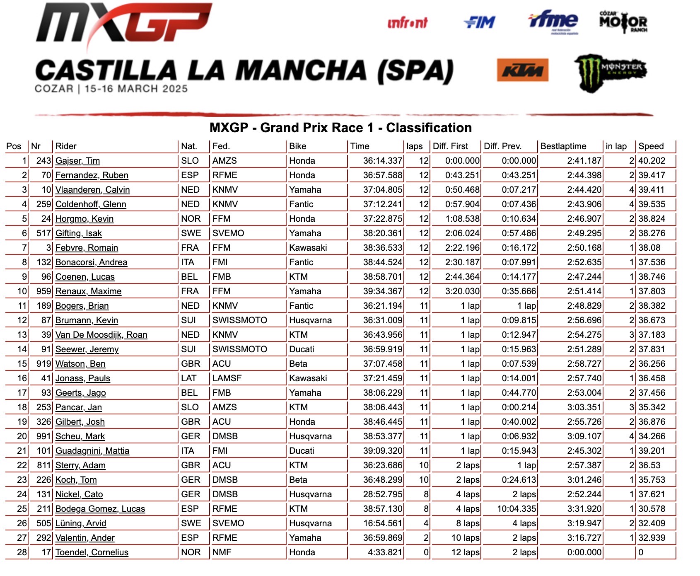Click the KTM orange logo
pyautogui.click(x=523, y=70)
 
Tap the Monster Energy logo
pyautogui.click(x=610, y=72)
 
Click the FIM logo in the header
pyautogui.click(x=480, y=22)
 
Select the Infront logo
pyautogui.click(x=408, y=23)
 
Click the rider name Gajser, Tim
pyautogui.click(x=77, y=161)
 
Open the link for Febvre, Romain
pyautogui.click(x=87, y=248)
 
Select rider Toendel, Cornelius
pyautogui.click(x=92, y=552)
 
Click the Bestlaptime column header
pyautogui.click(x=563, y=146)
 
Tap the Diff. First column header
pyautogui.click(x=450, y=146)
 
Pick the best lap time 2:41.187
pyautogui.click(x=584, y=161)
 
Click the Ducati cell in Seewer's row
pyautogui.click(x=302, y=349)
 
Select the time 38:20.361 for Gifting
pyautogui.click(x=382, y=233)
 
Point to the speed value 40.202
pyautogui.click(x=652, y=161)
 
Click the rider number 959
pyautogui.click(x=43, y=291)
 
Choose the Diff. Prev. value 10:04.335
pyautogui.click(x=517, y=509)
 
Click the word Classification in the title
pyautogui.click(x=429, y=128)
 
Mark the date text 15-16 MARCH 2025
pyautogui.click(x=136, y=89)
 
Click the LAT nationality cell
pyautogui.click(x=188, y=378)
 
